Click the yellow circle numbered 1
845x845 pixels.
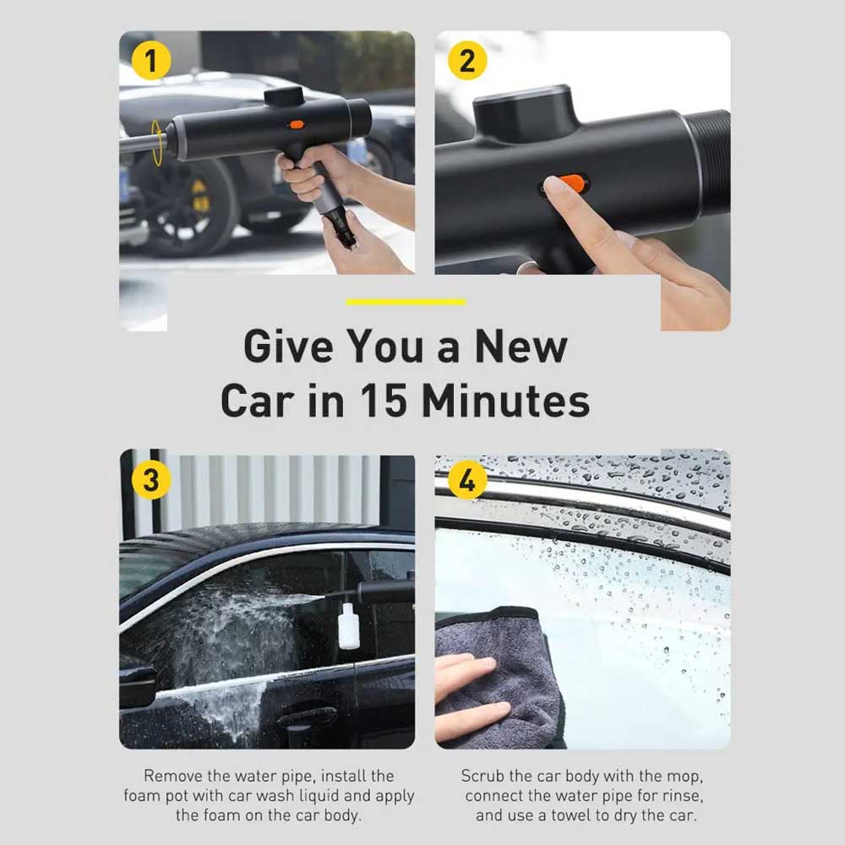[x=151, y=60]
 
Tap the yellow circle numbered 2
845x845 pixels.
[x=467, y=60]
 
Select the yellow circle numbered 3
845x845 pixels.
[x=151, y=480]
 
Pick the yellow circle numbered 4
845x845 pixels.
[x=467, y=480]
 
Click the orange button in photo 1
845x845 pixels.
[x=297, y=125]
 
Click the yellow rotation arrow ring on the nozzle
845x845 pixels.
[x=157, y=142]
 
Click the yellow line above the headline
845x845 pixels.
[x=406, y=302]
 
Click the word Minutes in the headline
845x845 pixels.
[x=505, y=401]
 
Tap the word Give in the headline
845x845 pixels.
[x=288, y=346]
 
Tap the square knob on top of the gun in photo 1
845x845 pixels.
[x=284, y=96]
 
